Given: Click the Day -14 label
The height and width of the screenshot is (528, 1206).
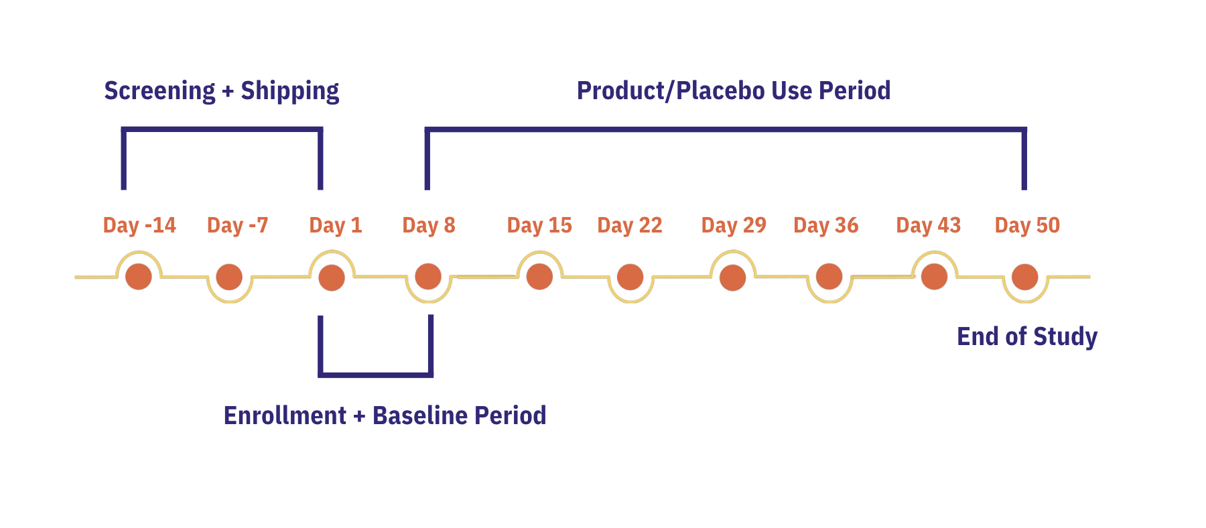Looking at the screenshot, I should click(x=139, y=225).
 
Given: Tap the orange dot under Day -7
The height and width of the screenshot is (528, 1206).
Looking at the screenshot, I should click(x=229, y=277).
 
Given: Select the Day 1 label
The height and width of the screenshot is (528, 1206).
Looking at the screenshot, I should click(x=336, y=225).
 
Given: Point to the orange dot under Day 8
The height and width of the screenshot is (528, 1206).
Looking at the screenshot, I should click(x=428, y=276).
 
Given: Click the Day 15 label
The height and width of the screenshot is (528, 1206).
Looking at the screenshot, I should click(x=539, y=225).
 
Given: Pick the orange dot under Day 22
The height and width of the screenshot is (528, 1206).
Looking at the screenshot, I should click(x=630, y=277).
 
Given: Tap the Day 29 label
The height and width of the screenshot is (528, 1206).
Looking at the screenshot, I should click(x=734, y=225).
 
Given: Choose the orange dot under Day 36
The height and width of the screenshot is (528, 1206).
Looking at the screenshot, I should click(x=829, y=276).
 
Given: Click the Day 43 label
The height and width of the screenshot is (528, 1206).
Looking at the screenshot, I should click(x=929, y=225).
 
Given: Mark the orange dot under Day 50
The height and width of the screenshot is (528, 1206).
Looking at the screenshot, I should click(x=1024, y=277).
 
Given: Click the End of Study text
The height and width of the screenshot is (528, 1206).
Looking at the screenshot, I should click(x=1027, y=336).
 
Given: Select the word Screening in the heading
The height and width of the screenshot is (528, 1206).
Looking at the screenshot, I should click(x=159, y=91).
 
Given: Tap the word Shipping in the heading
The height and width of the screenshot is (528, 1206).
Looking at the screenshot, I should click(x=290, y=91).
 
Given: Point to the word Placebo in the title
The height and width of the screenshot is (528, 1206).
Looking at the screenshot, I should click(x=721, y=90).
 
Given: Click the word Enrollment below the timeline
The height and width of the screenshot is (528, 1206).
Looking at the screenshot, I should click(x=285, y=415).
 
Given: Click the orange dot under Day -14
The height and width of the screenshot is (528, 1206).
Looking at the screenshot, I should click(x=139, y=276).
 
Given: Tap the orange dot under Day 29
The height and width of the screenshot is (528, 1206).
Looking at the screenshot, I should click(x=732, y=277).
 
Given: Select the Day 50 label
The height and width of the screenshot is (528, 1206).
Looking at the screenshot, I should click(x=1027, y=225).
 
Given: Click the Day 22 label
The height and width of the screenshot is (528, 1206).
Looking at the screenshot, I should click(x=630, y=225).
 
